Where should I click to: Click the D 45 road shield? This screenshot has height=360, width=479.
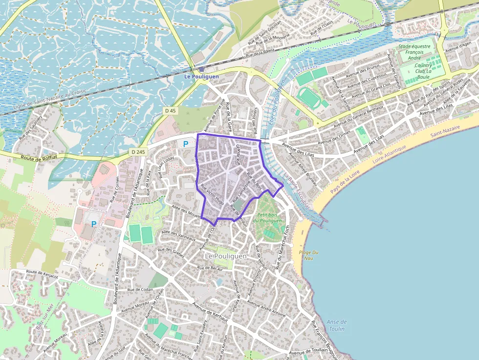tap(170, 111)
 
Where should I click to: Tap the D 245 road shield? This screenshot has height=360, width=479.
tap(138, 152)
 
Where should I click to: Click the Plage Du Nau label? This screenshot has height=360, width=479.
tap(308, 255)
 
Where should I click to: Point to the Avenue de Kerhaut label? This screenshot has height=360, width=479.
tap(211, 312)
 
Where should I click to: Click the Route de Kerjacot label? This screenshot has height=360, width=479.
tap(42, 274)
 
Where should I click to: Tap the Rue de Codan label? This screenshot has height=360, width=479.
tap(140, 290)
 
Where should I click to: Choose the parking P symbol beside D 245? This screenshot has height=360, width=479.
tap(185, 144)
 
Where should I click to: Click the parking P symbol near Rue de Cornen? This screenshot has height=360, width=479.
tap(93, 224)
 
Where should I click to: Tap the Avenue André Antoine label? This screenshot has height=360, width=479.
tap(266, 309)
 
